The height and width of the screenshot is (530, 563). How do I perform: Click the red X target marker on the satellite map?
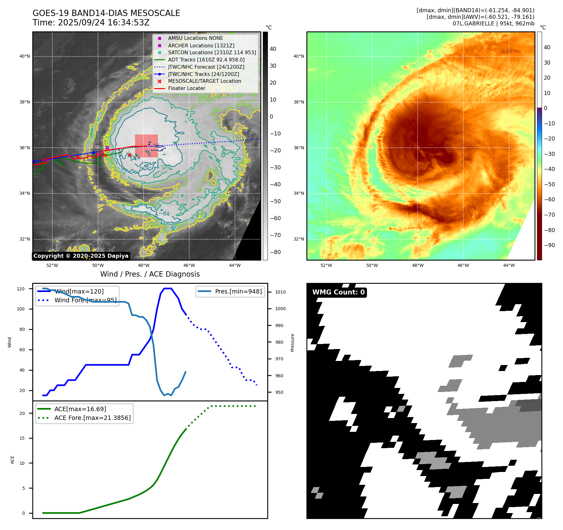(x=129, y=155)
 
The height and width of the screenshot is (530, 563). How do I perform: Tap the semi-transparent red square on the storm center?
(x=146, y=146)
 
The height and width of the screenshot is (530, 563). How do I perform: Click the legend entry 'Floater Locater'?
(x=186, y=88)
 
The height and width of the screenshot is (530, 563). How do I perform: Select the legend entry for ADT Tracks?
(x=206, y=60)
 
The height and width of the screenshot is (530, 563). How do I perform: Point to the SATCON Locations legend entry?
(x=212, y=52)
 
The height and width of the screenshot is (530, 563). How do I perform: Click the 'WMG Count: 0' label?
(x=338, y=292)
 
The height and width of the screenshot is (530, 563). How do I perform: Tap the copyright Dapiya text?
(x=81, y=256)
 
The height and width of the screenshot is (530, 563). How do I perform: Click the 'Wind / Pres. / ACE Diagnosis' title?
(x=150, y=274)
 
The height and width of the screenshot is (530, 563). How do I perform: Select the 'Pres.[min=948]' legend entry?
(x=238, y=291)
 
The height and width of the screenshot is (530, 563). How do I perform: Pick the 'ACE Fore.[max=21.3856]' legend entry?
(x=92, y=418)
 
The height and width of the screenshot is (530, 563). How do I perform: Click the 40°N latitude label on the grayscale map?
(x=25, y=56)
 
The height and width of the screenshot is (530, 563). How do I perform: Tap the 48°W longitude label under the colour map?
(x=418, y=265)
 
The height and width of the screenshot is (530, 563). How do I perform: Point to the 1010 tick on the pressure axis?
(x=280, y=292)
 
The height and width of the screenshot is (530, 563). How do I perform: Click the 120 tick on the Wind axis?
(x=21, y=289)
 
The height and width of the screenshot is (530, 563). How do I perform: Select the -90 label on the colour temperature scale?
(x=549, y=245)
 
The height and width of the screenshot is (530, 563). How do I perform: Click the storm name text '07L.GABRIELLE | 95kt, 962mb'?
(x=493, y=24)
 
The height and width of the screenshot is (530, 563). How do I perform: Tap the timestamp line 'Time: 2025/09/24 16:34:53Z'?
(x=91, y=23)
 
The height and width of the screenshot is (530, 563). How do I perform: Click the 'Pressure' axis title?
(x=293, y=342)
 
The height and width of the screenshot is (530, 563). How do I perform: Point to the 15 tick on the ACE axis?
(x=22, y=438)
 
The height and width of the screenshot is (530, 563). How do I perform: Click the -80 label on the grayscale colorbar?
(x=275, y=252)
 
